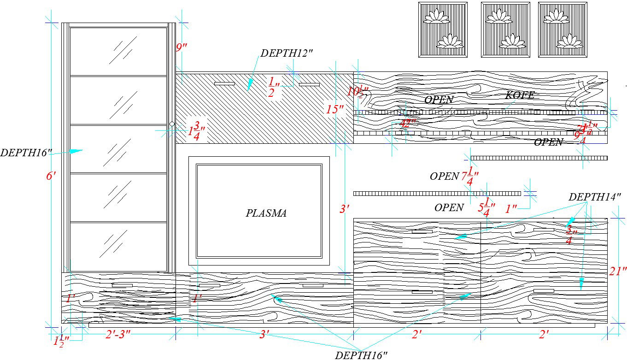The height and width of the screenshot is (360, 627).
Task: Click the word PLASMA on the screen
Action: [266, 213]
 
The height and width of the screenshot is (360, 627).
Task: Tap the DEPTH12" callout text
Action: [287, 53]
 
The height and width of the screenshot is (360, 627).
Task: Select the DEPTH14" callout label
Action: [595, 197]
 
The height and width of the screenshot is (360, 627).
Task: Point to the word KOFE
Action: [520, 95]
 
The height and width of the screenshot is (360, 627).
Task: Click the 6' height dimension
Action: [51, 176]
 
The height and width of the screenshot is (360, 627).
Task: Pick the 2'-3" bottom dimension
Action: [118, 335]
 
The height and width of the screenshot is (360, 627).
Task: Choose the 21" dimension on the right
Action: [618, 271]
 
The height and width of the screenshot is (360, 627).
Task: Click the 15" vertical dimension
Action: [335, 110]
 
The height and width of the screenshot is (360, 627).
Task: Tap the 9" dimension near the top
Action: [182, 47]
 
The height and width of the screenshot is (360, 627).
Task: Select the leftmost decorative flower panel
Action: [443, 30]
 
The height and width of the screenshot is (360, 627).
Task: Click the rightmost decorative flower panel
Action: [563, 30]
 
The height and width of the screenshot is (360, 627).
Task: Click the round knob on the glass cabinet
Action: [172, 124]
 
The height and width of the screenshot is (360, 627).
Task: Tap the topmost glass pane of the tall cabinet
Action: [118, 51]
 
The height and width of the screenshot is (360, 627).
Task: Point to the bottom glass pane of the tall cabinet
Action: [118, 247]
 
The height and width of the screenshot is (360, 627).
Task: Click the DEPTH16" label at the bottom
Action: [361, 355]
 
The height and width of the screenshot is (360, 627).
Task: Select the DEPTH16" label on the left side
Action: [26, 153]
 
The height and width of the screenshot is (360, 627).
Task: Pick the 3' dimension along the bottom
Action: [264, 335]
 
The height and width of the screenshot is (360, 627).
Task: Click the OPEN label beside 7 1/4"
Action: [445, 176]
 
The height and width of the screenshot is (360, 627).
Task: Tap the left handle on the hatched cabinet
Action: [224, 84]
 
